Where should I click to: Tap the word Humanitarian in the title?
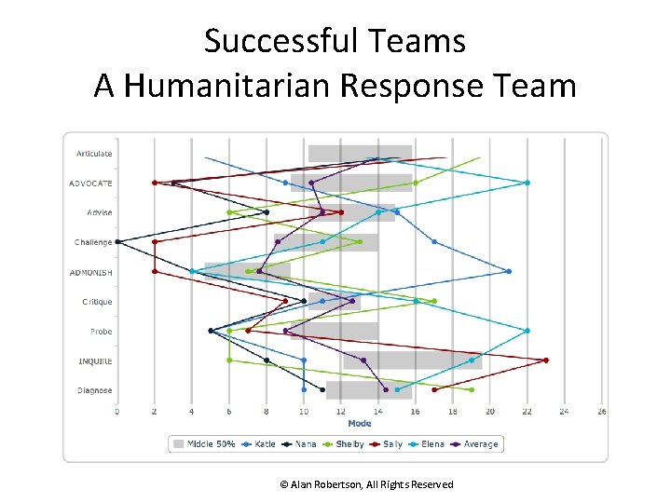click(x=229, y=87)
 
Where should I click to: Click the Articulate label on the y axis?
click(x=94, y=154)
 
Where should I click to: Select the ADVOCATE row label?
click(x=90, y=184)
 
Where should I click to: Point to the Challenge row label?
click(x=93, y=243)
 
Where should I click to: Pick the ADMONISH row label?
click(x=90, y=273)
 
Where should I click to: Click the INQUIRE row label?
click(x=95, y=361)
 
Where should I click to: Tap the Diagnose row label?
click(x=94, y=391)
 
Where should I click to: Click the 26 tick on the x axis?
click(x=601, y=411)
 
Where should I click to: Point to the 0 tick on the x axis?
click(x=117, y=411)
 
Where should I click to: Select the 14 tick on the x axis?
click(x=378, y=411)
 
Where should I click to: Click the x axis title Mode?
click(x=360, y=424)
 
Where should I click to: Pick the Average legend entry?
click(x=476, y=444)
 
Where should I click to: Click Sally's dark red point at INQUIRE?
click(x=546, y=360)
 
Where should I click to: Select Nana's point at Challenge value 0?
click(x=117, y=242)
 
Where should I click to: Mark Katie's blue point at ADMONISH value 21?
click(x=509, y=272)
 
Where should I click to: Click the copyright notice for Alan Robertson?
click(x=366, y=484)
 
